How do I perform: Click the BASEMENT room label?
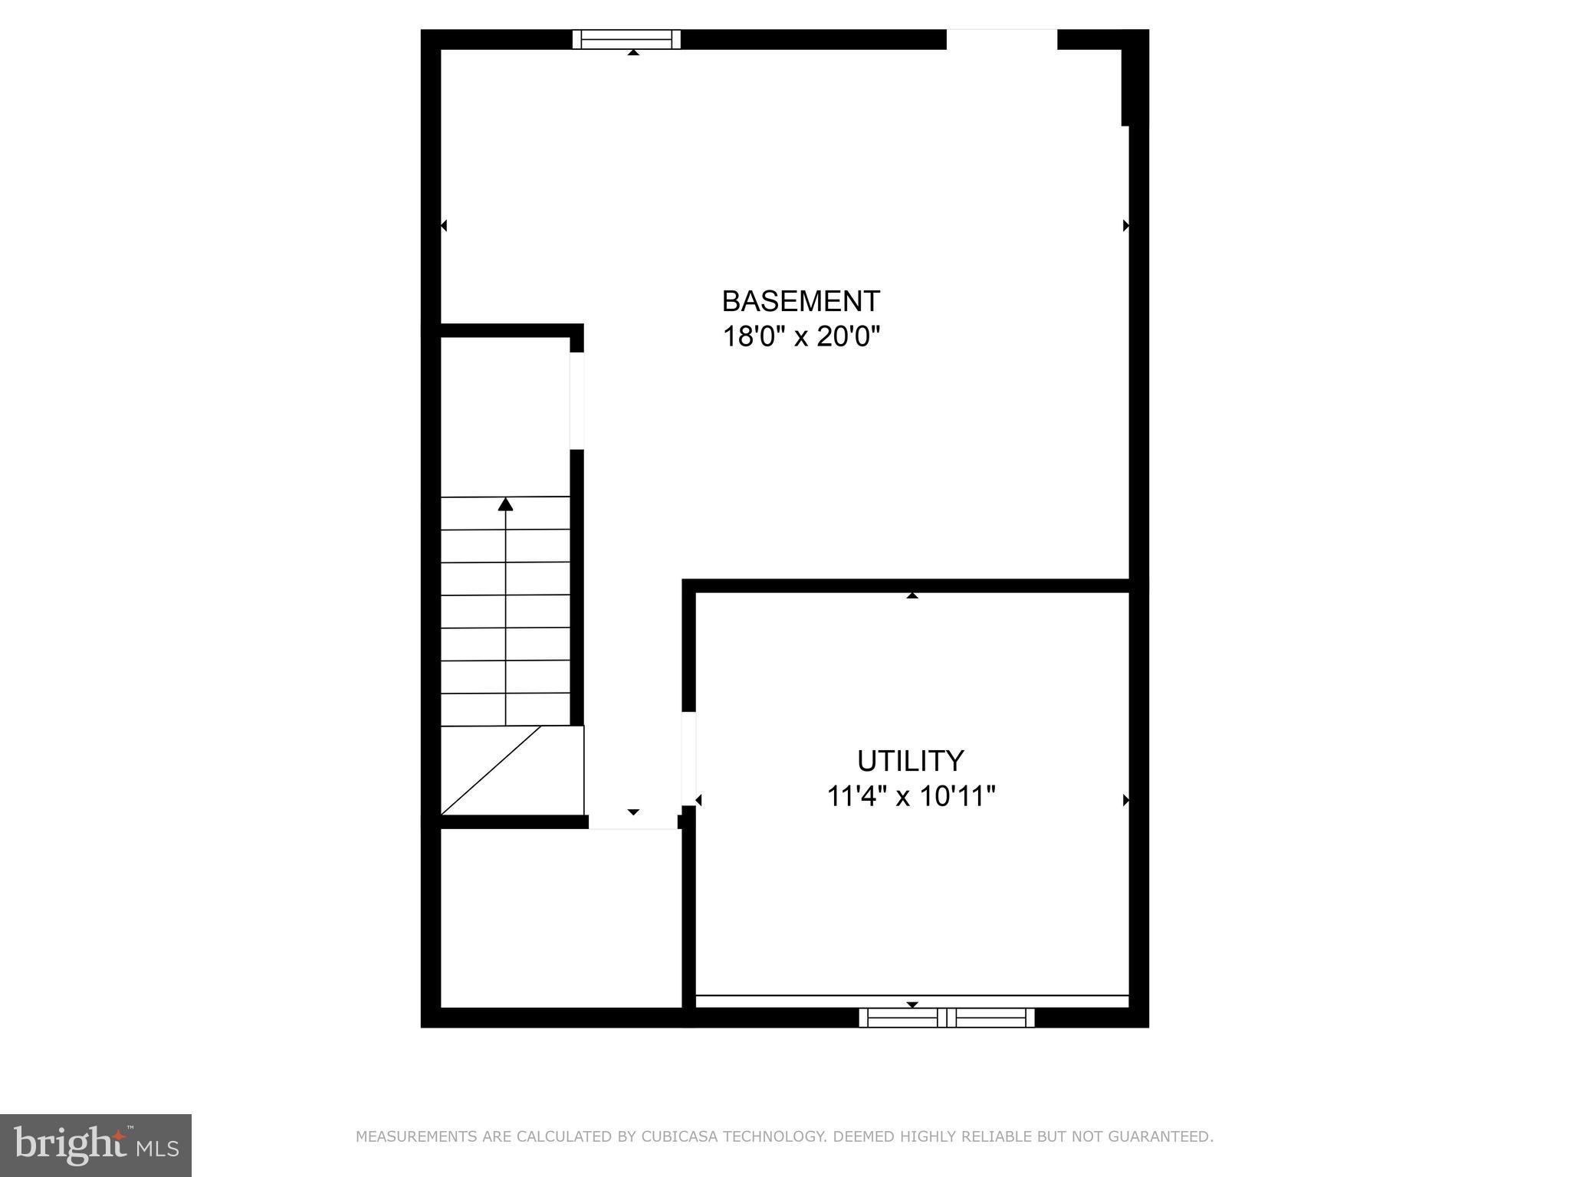click(800, 301)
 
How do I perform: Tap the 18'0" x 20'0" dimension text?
click(800, 336)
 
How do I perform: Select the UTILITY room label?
click(910, 761)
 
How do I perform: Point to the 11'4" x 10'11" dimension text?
click(910, 796)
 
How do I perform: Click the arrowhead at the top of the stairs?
click(505, 504)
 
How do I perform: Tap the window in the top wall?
click(626, 39)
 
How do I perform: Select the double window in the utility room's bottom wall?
click(946, 1018)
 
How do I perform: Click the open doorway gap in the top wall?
click(1001, 39)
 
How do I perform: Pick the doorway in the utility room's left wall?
click(688, 759)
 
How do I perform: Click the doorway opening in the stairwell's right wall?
click(576, 400)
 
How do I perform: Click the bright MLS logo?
click(95, 1145)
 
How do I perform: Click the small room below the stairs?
click(560, 918)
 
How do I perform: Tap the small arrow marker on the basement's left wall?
click(443, 225)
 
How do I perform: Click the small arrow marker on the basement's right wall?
click(1125, 225)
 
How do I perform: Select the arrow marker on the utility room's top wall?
click(911, 595)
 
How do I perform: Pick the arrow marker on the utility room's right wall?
click(1125, 800)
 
